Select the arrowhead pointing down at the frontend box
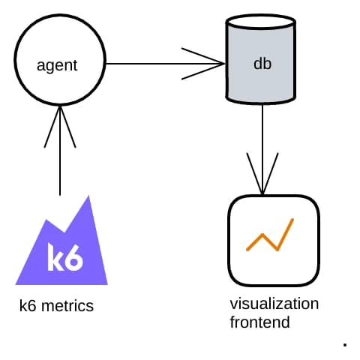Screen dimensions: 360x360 coord(262,176)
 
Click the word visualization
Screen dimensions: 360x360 coord(274,304)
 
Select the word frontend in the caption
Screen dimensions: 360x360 coord(259,322)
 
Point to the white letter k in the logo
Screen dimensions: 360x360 coord(55,257)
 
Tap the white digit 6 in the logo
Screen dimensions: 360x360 coord(74,257)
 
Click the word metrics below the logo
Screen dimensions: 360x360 coord(68,306)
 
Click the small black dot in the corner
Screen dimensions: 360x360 coord(344,345)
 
